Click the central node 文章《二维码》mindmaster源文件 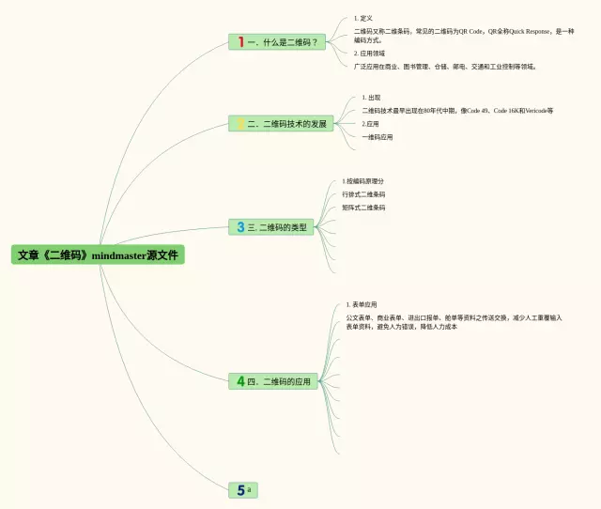click(x=97, y=254)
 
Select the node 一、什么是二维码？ click(x=282, y=41)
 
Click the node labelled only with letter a click(x=250, y=489)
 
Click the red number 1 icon click(x=240, y=41)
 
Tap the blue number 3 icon click(x=240, y=227)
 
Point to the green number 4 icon click(x=240, y=381)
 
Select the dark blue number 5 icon click(x=240, y=489)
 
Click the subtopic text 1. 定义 click(x=363, y=18)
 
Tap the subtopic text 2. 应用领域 click(x=369, y=54)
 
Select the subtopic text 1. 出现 click(x=371, y=98)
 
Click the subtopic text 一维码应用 click(x=378, y=136)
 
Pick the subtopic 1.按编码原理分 click(x=363, y=181)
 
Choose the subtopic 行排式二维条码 click(x=363, y=194)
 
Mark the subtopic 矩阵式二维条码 click(x=363, y=208)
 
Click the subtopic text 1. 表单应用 click(x=362, y=304)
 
